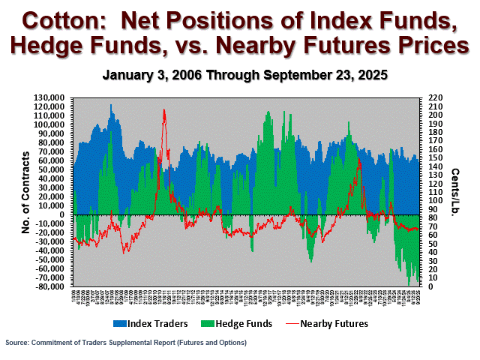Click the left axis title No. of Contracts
(25, 192)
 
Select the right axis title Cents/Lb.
(455, 192)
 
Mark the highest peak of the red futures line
(164, 109)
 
